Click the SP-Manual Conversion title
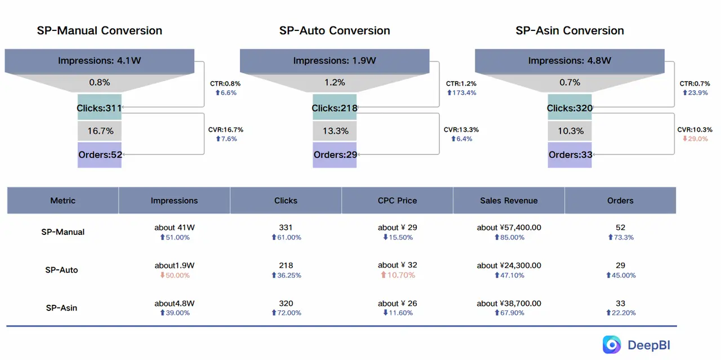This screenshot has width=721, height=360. (x=100, y=30)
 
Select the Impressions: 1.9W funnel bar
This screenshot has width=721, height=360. (x=335, y=61)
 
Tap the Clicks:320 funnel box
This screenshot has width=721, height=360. (x=569, y=108)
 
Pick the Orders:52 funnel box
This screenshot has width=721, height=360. (x=100, y=155)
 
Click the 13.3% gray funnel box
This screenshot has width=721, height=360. (x=335, y=131)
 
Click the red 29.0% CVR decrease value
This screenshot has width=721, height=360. (x=695, y=139)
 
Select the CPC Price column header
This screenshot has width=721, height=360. (x=397, y=201)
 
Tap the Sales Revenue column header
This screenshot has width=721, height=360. (x=509, y=201)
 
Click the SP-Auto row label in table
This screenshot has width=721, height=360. (x=61, y=270)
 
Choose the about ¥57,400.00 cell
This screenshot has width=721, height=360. (x=509, y=228)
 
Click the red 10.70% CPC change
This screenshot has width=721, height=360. (x=398, y=275)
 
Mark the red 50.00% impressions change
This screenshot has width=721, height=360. (x=174, y=275)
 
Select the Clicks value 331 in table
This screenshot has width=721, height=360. (x=286, y=228)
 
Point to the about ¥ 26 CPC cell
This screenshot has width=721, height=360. (x=397, y=304)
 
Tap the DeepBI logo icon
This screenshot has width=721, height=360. (x=612, y=344)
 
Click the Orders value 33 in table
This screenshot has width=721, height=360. (x=620, y=304)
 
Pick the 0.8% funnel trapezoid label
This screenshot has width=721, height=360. (x=100, y=82)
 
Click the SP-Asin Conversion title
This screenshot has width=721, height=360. (x=569, y=30)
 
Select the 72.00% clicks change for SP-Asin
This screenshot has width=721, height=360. (x=286, y=313)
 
